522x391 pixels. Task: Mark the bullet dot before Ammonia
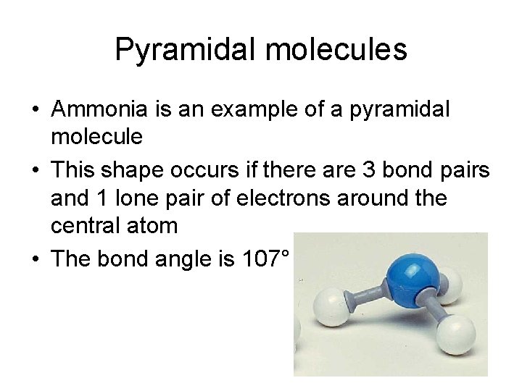pyautogui.click(x=35, y=111)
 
